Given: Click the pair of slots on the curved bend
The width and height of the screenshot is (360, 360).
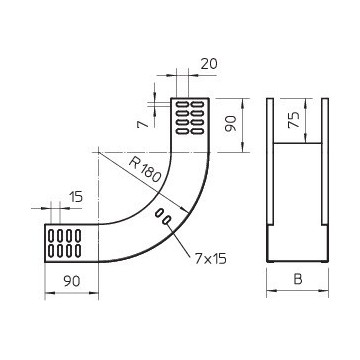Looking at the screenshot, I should point(163,216).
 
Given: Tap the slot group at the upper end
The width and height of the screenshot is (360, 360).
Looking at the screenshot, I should point(190,117).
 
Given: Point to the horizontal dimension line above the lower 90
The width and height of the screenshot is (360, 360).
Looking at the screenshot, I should point(70,293).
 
